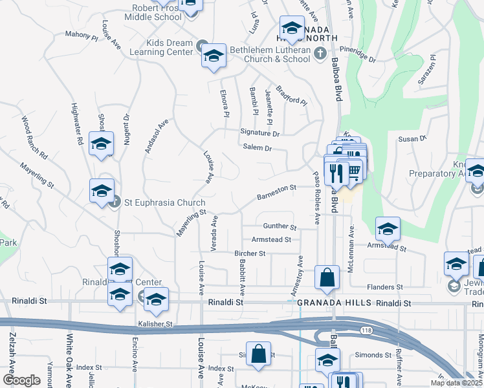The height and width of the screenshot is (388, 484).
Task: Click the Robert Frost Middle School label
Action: click(x=157, y=12)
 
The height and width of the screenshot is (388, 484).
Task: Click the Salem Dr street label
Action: click(x=256, y=148)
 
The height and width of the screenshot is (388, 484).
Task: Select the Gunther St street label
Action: click(x=280, y=227)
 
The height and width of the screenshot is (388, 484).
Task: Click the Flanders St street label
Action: click(x=385, y=286)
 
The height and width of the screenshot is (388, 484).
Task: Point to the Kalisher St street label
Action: click(x=155, y=323)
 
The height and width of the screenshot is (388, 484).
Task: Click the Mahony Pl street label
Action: click(x=80, y=35)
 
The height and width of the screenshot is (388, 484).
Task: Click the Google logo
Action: click(x=21, y=380)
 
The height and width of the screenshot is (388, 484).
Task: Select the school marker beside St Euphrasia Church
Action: click(x=102, y=191)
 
